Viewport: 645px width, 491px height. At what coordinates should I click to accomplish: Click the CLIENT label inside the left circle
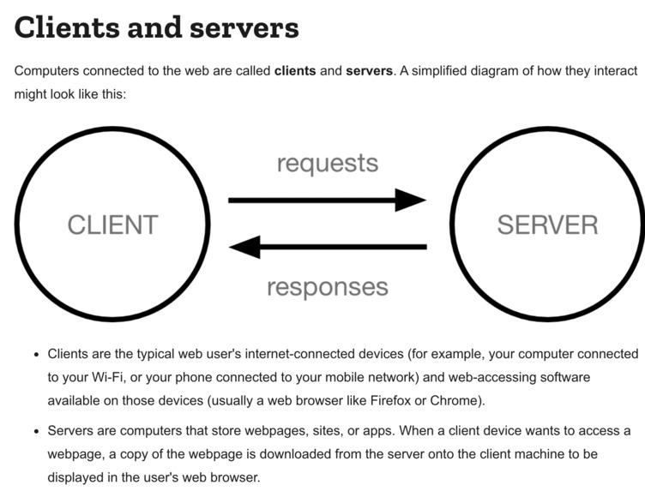[112, 225]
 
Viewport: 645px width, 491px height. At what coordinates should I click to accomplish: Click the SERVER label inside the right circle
[547, 225]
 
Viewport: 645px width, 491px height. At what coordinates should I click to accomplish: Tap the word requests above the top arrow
[327, 163]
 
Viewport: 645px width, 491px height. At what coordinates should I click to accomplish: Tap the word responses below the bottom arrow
[327, 286]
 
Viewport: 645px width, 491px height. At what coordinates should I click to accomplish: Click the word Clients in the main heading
[65, 27]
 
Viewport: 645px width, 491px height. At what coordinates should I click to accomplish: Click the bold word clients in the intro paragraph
[294, 70]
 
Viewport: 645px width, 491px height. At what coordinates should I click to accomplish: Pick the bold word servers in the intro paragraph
[369, 70]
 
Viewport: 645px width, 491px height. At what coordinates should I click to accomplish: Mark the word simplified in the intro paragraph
[447, 70]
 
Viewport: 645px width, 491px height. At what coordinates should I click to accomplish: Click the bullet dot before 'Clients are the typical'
[35, 355]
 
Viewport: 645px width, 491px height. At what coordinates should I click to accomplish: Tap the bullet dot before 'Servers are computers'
[35, 431]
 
